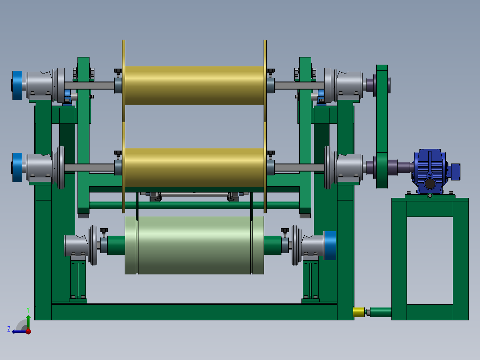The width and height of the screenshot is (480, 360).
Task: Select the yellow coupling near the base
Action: coord(359,312)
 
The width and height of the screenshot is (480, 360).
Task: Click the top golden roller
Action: coord(194,86)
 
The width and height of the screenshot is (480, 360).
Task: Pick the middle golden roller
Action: coord(194,168)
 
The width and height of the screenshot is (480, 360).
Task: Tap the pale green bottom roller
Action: coord(194,245)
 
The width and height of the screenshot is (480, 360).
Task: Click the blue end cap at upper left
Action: coord(17,86)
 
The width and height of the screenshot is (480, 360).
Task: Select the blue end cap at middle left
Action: coord(17,167)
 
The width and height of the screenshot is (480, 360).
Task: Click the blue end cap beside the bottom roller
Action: coord(330,245)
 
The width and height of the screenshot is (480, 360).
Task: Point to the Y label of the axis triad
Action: coord(28,310)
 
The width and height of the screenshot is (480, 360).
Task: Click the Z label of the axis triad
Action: coord(9,329)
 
